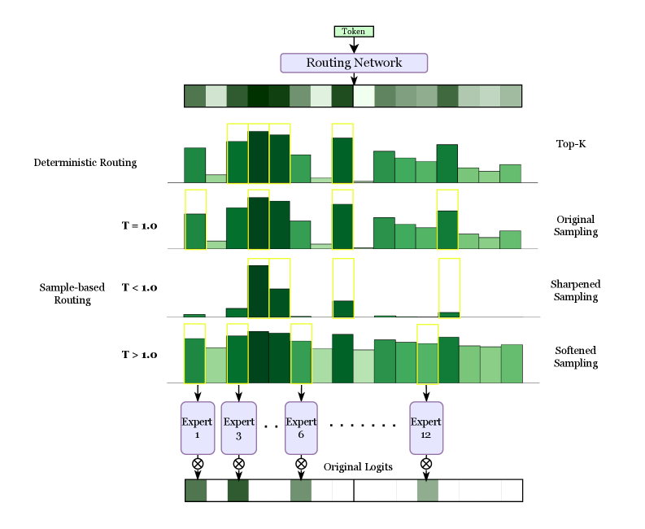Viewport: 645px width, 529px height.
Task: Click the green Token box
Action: tap(354, 31)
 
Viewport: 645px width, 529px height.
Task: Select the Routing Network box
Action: tap(354, 63)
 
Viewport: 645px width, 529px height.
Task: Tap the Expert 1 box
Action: tap(197, 428)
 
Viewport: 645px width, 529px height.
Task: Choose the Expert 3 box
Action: tap(238, 428)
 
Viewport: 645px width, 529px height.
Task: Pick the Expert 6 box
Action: tap(301, 428)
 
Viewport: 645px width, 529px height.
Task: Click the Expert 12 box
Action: tap(426, 428)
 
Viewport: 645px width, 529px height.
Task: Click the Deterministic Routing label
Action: tap(85, 163)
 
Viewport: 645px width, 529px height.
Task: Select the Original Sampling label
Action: tap(576, 225)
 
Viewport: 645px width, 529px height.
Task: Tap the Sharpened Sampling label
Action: tap(575, 291)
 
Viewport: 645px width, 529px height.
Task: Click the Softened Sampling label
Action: tap(576, 356)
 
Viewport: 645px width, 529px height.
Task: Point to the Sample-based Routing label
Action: tap(65, 294)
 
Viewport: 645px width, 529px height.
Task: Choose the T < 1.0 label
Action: tap(139, 287)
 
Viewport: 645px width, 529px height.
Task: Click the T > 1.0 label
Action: tap(139, 355)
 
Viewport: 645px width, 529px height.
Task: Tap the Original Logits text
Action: tap(359, 467)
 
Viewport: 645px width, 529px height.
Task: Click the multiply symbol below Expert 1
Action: tap(197, 463)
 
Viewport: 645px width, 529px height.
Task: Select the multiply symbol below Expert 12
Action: tap(426, 463)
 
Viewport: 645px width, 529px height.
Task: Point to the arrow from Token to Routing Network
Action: tap(354, 45)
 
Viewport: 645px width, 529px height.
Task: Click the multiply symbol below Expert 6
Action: tap(301, 463)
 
